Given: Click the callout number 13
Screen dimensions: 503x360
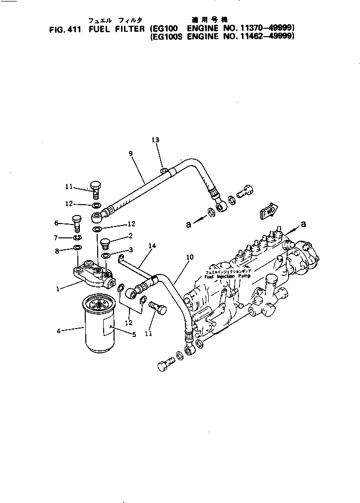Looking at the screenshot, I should (x=155, y=140).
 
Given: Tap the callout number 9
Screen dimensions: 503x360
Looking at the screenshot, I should (x=130, y=153).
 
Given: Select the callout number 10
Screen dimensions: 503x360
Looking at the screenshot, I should (x=188, y=257).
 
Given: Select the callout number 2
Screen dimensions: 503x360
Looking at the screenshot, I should (x=130, y=236).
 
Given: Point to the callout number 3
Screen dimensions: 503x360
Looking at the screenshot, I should (x=130, y=250).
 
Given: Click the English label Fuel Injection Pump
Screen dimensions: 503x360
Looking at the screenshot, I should (x=228, y=277).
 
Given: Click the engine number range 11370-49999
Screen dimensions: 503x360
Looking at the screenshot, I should (x=270, y=29).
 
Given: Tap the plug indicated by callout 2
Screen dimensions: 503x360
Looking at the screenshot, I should (x=105, y=243).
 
